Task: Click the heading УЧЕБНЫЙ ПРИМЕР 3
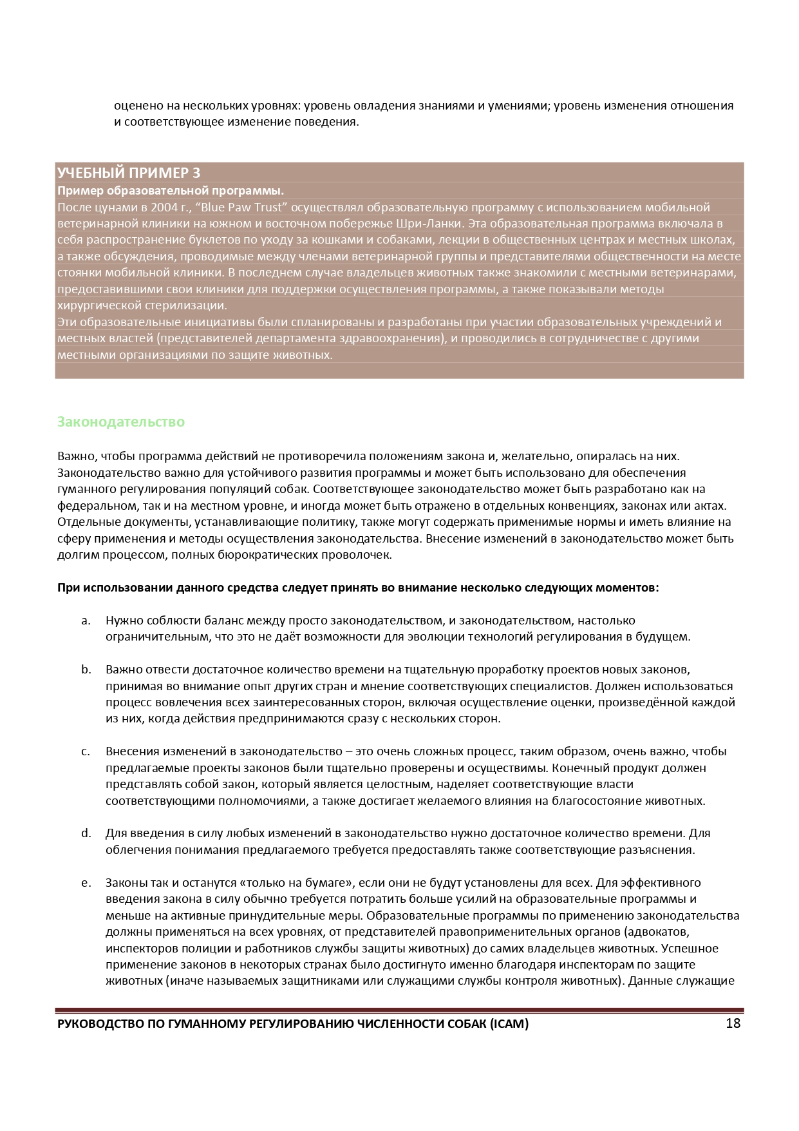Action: click(129, 173)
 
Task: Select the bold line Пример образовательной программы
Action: click(171, 191)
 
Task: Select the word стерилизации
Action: click(185, 305)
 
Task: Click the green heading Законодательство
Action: click(121, 422)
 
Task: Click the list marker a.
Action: click(86, 621)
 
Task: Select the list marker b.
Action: click(86, 670)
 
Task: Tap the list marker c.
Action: click(86, 751)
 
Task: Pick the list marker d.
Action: click(86, 833)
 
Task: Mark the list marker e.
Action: click(86, 883)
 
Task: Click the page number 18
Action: click(733, 1023)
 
